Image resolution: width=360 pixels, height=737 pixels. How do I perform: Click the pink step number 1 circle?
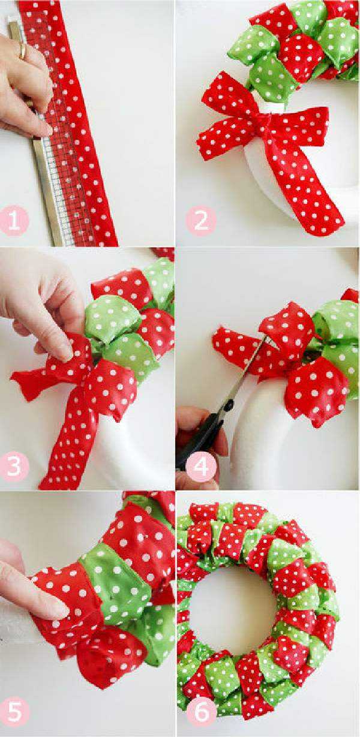click(14, 220)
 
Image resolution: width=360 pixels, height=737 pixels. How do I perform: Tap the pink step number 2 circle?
click(201, 220)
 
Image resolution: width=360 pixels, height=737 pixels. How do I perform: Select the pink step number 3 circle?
click(14, 465)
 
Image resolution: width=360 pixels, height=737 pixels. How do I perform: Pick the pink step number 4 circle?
click(201, 465)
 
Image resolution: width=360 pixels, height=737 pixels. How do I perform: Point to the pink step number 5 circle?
click(14, 712)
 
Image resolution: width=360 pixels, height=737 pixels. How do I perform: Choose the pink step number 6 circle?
click(201, 712)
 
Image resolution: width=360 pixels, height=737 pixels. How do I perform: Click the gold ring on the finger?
click(22, 50)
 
